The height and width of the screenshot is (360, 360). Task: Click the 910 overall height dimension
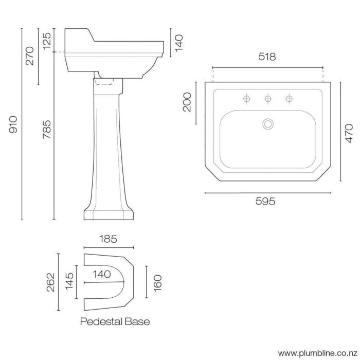coord(14,124)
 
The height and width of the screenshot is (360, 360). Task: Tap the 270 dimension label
coord(29,55)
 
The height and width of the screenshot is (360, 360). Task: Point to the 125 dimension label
coord(47,41)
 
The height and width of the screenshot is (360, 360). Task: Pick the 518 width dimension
coord(267,57)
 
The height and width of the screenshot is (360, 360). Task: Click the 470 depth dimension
coord(349,133)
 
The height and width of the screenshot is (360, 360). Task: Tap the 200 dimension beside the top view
coord(187,102)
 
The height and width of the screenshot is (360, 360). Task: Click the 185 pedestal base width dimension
coord(107,239)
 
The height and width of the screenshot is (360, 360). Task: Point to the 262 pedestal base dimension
coord(50,282)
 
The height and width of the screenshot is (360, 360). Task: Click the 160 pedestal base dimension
coord(158,282)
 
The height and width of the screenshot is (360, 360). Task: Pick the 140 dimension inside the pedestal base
coord(102,275)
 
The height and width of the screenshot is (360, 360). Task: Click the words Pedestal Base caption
coord(115,322)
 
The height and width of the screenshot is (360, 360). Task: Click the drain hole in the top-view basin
coord(268,123)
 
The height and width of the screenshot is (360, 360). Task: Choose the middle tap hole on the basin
coord(268,98)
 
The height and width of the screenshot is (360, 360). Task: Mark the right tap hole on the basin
coord(290,98)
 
